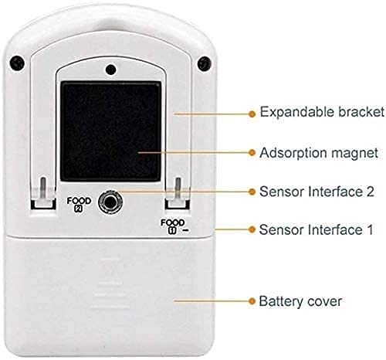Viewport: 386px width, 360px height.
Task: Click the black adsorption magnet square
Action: tap(110, 131)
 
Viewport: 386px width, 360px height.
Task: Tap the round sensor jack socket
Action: tap(110, 202)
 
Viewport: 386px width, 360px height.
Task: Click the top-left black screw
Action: tap(17, 63)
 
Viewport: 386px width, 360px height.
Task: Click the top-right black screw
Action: tap(205, 63)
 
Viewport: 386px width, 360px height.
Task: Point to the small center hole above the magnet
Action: tap(110, 70)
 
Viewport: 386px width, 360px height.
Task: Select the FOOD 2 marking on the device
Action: tap(79, 205)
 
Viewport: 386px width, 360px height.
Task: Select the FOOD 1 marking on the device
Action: tap(173, 226)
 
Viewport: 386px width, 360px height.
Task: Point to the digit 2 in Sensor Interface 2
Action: tap(370, 192)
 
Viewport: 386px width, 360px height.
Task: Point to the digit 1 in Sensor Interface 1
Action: tap(370, 229)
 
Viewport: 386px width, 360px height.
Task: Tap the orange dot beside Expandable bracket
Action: tap(252, 114)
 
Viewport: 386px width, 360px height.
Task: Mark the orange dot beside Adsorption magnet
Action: tap(252, 152)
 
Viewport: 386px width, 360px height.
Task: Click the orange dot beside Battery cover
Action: tap(252, 301)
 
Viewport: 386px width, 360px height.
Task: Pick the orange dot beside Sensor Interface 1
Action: tap(252, 229)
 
